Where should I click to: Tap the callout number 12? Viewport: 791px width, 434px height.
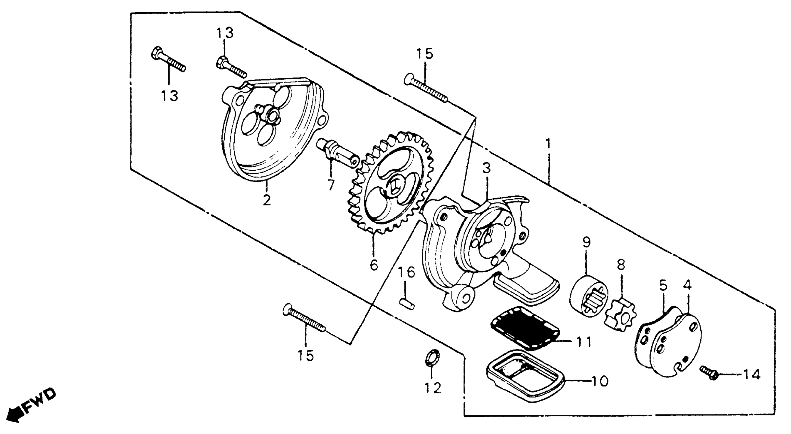click(x=433, y=388)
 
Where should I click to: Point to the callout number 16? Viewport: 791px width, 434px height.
click(x=406, y=272)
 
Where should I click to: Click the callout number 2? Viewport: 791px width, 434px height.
click(x=267, y=200)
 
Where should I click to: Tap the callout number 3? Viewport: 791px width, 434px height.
click(x=486, y=168)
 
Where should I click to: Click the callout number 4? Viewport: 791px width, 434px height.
click(x=687, y=286)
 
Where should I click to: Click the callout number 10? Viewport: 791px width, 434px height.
click(x=599, y=381)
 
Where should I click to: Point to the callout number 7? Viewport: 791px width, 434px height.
click(x=331, y=185)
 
